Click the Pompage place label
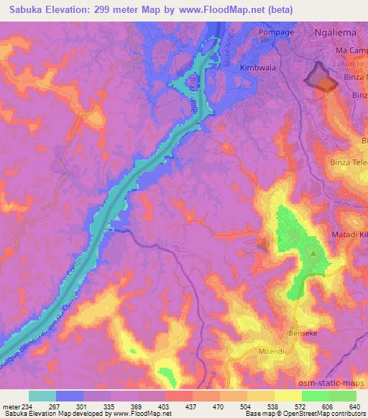point(258,34)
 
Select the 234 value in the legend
point(29,406)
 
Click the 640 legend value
point(354,406)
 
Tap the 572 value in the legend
point(299,406)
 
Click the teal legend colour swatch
point(42,396)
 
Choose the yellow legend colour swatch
point(288,396)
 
